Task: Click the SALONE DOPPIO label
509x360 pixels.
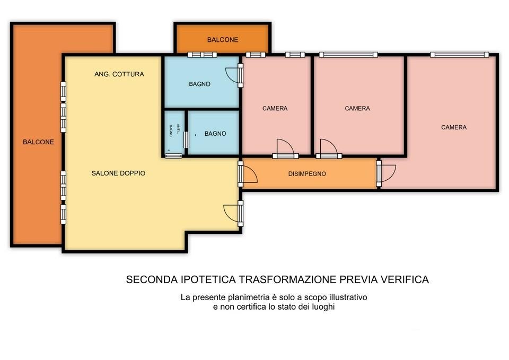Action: coord(118,173)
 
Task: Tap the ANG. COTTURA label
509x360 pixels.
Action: coord(119,74)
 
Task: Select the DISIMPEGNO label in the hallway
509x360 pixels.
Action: coord(307,174)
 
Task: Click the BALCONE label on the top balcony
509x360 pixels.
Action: coord(223,40)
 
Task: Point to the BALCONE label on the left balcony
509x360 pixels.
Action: coord(38,142)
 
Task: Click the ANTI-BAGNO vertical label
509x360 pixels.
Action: coord(174,130)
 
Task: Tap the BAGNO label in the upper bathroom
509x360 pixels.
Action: coord(200,84)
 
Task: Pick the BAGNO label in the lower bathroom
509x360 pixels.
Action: coord(215,134)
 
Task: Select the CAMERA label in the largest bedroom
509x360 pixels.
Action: coord(454,127)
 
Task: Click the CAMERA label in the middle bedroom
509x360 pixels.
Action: coord(357,108)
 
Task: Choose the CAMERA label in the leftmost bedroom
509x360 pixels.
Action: coord(275,108)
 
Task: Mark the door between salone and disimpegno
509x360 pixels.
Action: coord(248,174)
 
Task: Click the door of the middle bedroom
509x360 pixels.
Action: coord(329,149)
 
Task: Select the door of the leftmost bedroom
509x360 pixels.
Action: coord(285,149)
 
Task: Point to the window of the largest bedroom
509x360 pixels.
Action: coord(459,55)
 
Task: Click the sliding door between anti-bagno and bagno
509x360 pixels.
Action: coord(186,139)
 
